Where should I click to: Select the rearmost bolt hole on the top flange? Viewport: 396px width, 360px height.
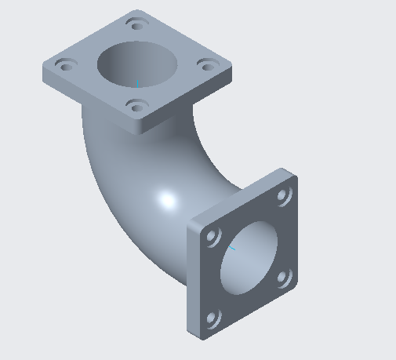138,25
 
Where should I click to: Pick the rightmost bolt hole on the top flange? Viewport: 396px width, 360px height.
206,66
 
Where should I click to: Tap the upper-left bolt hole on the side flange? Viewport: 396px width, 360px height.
212,236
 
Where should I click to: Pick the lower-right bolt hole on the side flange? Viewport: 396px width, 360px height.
284,277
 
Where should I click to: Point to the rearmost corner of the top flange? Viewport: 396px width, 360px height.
136,11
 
